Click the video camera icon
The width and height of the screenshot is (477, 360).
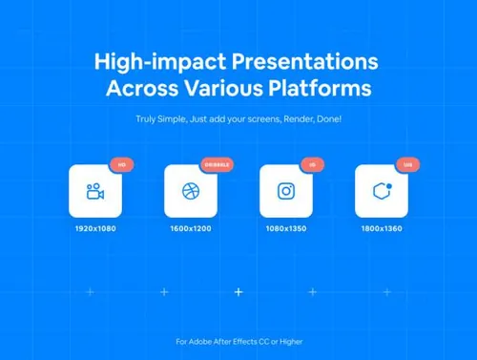[x=94, y=191]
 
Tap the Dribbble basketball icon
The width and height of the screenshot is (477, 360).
[x=190, y=191]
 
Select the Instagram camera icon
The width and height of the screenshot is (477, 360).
[x=285, y=191]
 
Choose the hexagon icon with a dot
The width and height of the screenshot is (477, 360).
[x=381, y=191]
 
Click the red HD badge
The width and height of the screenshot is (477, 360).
[x=121, y=165]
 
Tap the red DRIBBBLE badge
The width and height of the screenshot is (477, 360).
[x=217, y=165]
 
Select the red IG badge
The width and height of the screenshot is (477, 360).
[x=312, y=165]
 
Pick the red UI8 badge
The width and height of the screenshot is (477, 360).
[x=407, y=165]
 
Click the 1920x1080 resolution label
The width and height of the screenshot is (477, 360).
[x=94, y=229]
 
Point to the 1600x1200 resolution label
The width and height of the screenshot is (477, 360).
[x=190, y=229]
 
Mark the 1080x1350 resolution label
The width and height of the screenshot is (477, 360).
[x=285, y=229]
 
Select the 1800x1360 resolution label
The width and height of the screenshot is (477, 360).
[x=381, y=229]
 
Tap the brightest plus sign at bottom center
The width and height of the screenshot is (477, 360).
[x=238, y=291]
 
